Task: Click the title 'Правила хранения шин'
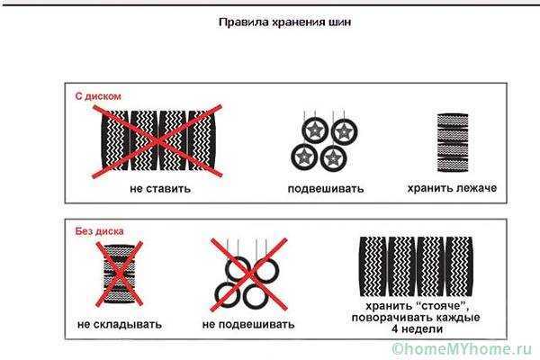tap(285, 22)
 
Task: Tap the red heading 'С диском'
tap(98, 96)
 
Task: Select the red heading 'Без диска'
tap(99, 231)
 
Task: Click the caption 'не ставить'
tap(160, 188)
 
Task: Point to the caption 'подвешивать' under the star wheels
tap(326, 189)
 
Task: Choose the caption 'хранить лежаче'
tap(452, 188)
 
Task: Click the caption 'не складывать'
tap(120, 324)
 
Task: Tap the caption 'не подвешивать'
tap(248, 324)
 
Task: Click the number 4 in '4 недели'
tap(395, 328)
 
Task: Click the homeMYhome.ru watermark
tap(462, 348)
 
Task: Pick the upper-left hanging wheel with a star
tap(314, 130)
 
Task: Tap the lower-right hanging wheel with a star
tap(333, 158)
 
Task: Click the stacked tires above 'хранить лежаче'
tap(453, 142)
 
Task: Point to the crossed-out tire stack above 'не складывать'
tap(119, 274)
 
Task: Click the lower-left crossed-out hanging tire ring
tap(228, 294)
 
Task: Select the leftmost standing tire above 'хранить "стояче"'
tap(373, 266)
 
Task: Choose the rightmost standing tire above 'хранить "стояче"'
tap(459, 266)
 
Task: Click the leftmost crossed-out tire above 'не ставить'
tap(115, 140)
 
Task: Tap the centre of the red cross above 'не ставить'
tap(157, 141)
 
